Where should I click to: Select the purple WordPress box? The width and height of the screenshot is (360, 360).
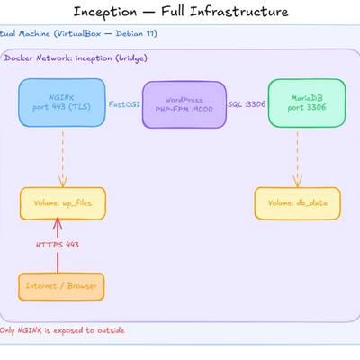tap(184, 103)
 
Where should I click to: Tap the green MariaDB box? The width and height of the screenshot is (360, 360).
tap(307, 103)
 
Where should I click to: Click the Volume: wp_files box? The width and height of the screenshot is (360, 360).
tap(62, 203)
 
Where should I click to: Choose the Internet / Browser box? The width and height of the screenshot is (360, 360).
tap(62, 285)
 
